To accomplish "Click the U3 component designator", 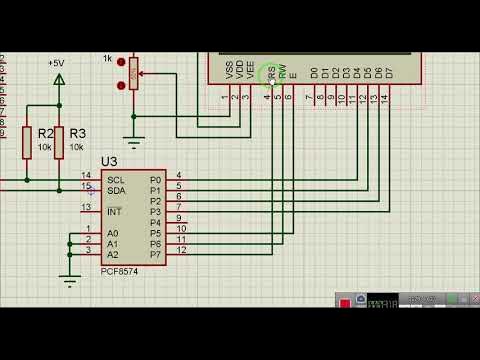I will (109, 161).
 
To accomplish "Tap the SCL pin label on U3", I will (116, 180).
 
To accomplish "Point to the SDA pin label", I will (116, 190).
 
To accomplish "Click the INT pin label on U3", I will (114, 211).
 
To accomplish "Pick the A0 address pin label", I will (113, 233).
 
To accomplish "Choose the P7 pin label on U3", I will (155, 255).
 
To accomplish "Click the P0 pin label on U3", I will (155, 180).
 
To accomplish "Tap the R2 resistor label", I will (45, 133).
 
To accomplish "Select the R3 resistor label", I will (77, 133).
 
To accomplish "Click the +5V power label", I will (56, 62).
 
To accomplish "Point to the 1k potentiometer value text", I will (107, 59).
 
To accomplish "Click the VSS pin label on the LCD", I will (230, 71).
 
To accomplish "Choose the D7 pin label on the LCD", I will (389, 73).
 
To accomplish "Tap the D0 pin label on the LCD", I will (313, 73).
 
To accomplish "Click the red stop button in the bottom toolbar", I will (344, 303).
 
